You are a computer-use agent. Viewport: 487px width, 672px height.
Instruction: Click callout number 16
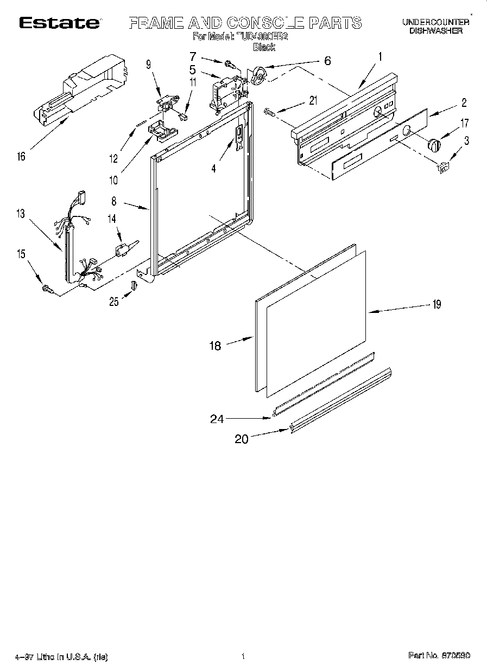coord(21,157)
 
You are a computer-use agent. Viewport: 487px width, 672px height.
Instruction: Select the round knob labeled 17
coord(434,145)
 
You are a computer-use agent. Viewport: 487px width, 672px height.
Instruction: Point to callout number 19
coord(437,304)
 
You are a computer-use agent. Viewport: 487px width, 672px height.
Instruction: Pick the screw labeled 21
coord(269,112)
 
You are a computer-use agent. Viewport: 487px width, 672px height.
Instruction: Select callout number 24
coord(216,418)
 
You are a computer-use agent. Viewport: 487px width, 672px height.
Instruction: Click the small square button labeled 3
coord(442,168)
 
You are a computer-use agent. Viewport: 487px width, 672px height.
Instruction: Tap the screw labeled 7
coord(229,65)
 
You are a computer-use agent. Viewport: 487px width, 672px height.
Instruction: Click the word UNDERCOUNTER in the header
coord(436,22)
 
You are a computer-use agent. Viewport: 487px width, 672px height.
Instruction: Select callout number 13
coord(21,214)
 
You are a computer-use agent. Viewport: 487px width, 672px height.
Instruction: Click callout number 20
coord(242,439)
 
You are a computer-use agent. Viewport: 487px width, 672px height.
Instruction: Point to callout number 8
coord(114,201)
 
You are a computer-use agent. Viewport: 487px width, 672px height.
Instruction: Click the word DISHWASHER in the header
coord(436,31)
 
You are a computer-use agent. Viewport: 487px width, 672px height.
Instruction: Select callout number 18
coord(216,345)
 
